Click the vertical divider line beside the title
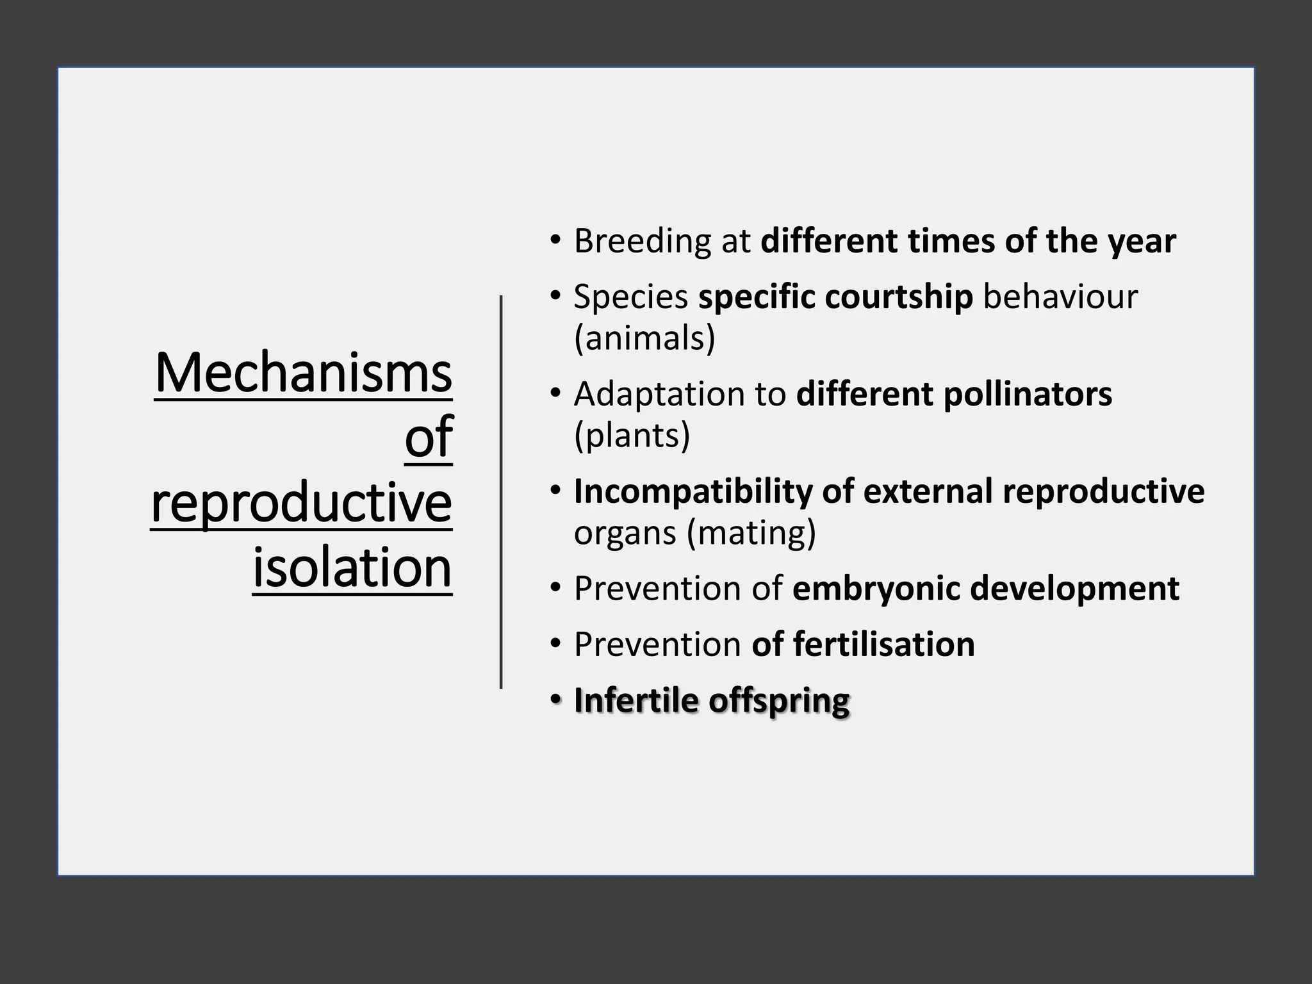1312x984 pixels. tap(501, 492)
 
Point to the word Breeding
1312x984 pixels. tap(642, 242)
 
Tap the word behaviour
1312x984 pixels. tap(1060, 297)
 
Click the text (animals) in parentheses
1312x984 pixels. tap(644, 338)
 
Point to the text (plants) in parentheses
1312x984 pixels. tap(632, 436)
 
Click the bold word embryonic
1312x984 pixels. tap(876, 589)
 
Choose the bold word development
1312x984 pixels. tap(1074, 589)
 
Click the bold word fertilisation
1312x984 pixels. tap(884, 644)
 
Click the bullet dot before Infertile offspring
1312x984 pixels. tap(555, 698)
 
